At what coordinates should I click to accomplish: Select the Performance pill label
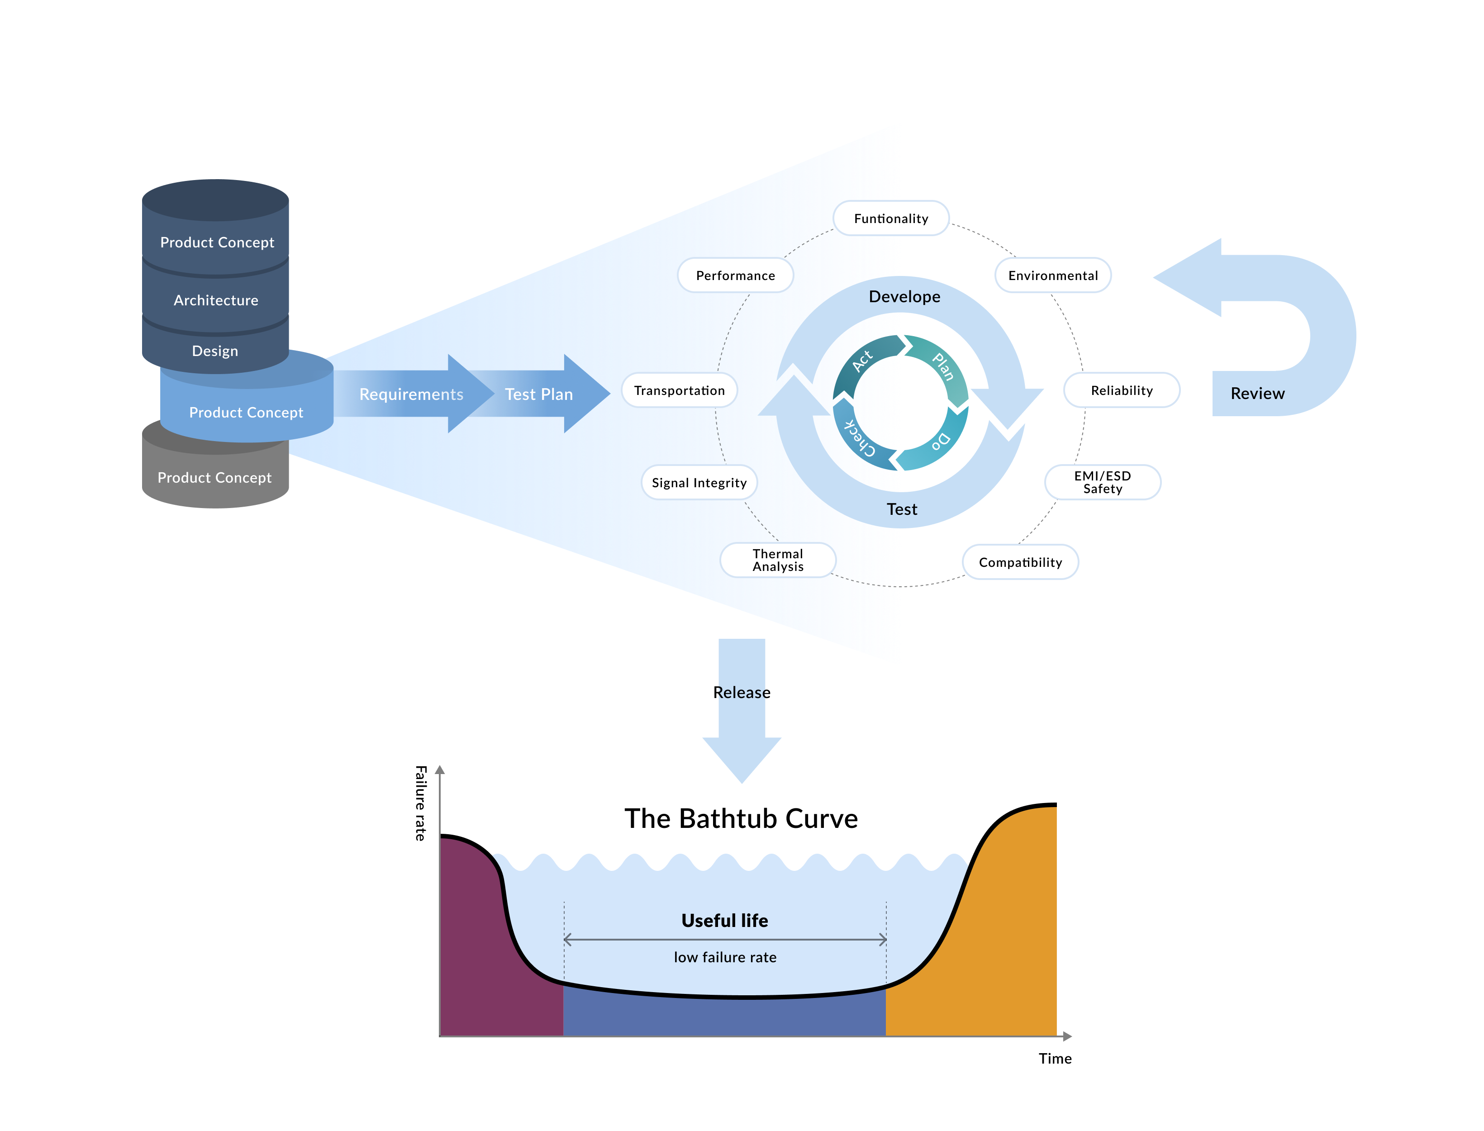[x=735, y=276]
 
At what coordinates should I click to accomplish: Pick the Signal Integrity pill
[x=699, y=483]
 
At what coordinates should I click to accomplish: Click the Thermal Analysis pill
[x=778, y=560]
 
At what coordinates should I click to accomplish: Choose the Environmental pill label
[x=1052, y=276]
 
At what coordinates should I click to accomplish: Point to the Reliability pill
[x=1121, y=390]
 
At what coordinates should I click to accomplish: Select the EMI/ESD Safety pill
[x=1102, y=482]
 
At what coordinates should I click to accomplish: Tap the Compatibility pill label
[x=1020, y=562]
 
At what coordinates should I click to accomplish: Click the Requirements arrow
[x=411, y=394]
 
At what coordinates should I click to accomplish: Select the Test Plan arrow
[x=539, y=394]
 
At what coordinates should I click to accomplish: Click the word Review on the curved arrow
[x=1257, y=394]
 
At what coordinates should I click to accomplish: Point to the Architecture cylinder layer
[x=215, y=300]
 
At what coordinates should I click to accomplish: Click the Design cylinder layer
[x=215, y=351]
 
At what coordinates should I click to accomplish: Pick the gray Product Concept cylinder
[x=214, y=477]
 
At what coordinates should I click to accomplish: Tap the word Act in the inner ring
[x=862, y=361]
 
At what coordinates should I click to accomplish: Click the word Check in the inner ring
[x=860, y=437]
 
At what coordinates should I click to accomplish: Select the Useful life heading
[x=724, y=920]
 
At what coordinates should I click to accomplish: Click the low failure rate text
[x=724, y=957]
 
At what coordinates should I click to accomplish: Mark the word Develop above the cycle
[x=904, y=297]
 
